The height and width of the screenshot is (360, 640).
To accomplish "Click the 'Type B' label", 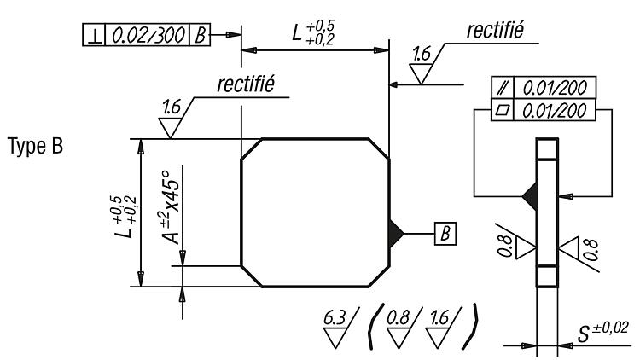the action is coord(36,146).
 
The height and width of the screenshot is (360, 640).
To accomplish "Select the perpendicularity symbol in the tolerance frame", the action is coord(95,36).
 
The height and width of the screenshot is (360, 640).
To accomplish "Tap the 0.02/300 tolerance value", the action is coord(148,35).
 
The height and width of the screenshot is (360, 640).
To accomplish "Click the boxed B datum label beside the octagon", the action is coord(445,234).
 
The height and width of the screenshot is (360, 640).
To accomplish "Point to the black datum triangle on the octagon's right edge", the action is coord(396,234).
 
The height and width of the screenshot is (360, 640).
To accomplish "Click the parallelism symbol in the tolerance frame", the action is coord(503,87).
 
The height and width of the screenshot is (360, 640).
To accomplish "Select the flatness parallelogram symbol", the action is coord(503,110).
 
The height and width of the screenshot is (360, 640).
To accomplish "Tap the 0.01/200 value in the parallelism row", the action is coord(555,88).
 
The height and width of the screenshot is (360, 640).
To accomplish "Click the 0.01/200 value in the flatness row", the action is coord(555,111).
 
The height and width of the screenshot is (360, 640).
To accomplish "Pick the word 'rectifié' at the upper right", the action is coord(495,30).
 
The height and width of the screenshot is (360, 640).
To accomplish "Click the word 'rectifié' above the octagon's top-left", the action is coord(246,84).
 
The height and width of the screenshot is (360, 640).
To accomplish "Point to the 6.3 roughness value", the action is coord(335,318).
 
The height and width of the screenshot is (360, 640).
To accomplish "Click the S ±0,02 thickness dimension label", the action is coord(602,332).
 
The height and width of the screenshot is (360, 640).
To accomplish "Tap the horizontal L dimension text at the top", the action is coord(313,32).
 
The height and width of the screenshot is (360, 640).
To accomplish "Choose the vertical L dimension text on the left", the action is coord(125,218).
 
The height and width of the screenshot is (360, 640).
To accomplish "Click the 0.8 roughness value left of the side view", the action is coord(505,247).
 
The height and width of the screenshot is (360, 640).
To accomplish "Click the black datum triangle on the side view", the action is coord(530,196).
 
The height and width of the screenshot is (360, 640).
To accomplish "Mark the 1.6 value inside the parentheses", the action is coord(439,318).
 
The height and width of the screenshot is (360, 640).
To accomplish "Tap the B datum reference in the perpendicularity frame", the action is coord(200,36).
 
